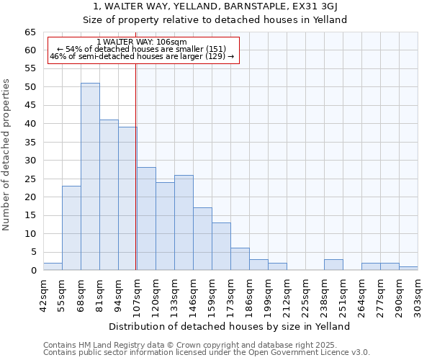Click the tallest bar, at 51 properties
pos(90,176)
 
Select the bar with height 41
pos(109,195)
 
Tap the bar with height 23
pos(71,228)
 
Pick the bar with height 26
pos(184,222)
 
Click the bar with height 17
pos(202,239)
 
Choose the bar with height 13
pos(221,246)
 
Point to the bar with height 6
pos(240,259)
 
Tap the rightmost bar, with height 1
pos(408,269)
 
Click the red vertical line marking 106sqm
pos(136,166)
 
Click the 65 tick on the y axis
pos(30,32)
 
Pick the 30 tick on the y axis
pos(30,161)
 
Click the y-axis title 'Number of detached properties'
pos(8,155)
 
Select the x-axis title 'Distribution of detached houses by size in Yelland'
pos(230,326)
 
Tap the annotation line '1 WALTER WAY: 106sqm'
pos(142,42)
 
